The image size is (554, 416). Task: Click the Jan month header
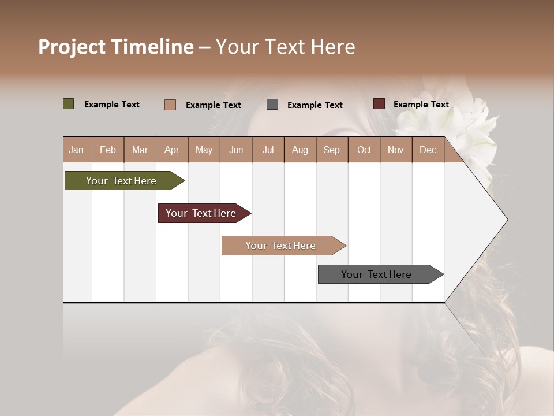[76, 150]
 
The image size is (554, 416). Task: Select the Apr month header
[171, 150]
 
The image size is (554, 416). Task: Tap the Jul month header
[268, 150]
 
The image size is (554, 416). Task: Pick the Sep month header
[331, 150]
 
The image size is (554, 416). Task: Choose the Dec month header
[428, 150]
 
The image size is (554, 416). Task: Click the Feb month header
[108, 150]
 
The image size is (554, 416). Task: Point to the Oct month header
[364, 150]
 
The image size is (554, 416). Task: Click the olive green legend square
[68, 104]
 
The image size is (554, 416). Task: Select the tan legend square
[170, 105]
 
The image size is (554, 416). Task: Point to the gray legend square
[272, 104]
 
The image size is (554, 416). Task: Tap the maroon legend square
[379, 104]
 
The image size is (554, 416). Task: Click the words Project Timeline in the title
[115, 47]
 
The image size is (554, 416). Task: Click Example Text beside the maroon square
[421, 105]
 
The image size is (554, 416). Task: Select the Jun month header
[236, 150]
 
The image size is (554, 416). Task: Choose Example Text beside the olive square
[111, 105]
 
